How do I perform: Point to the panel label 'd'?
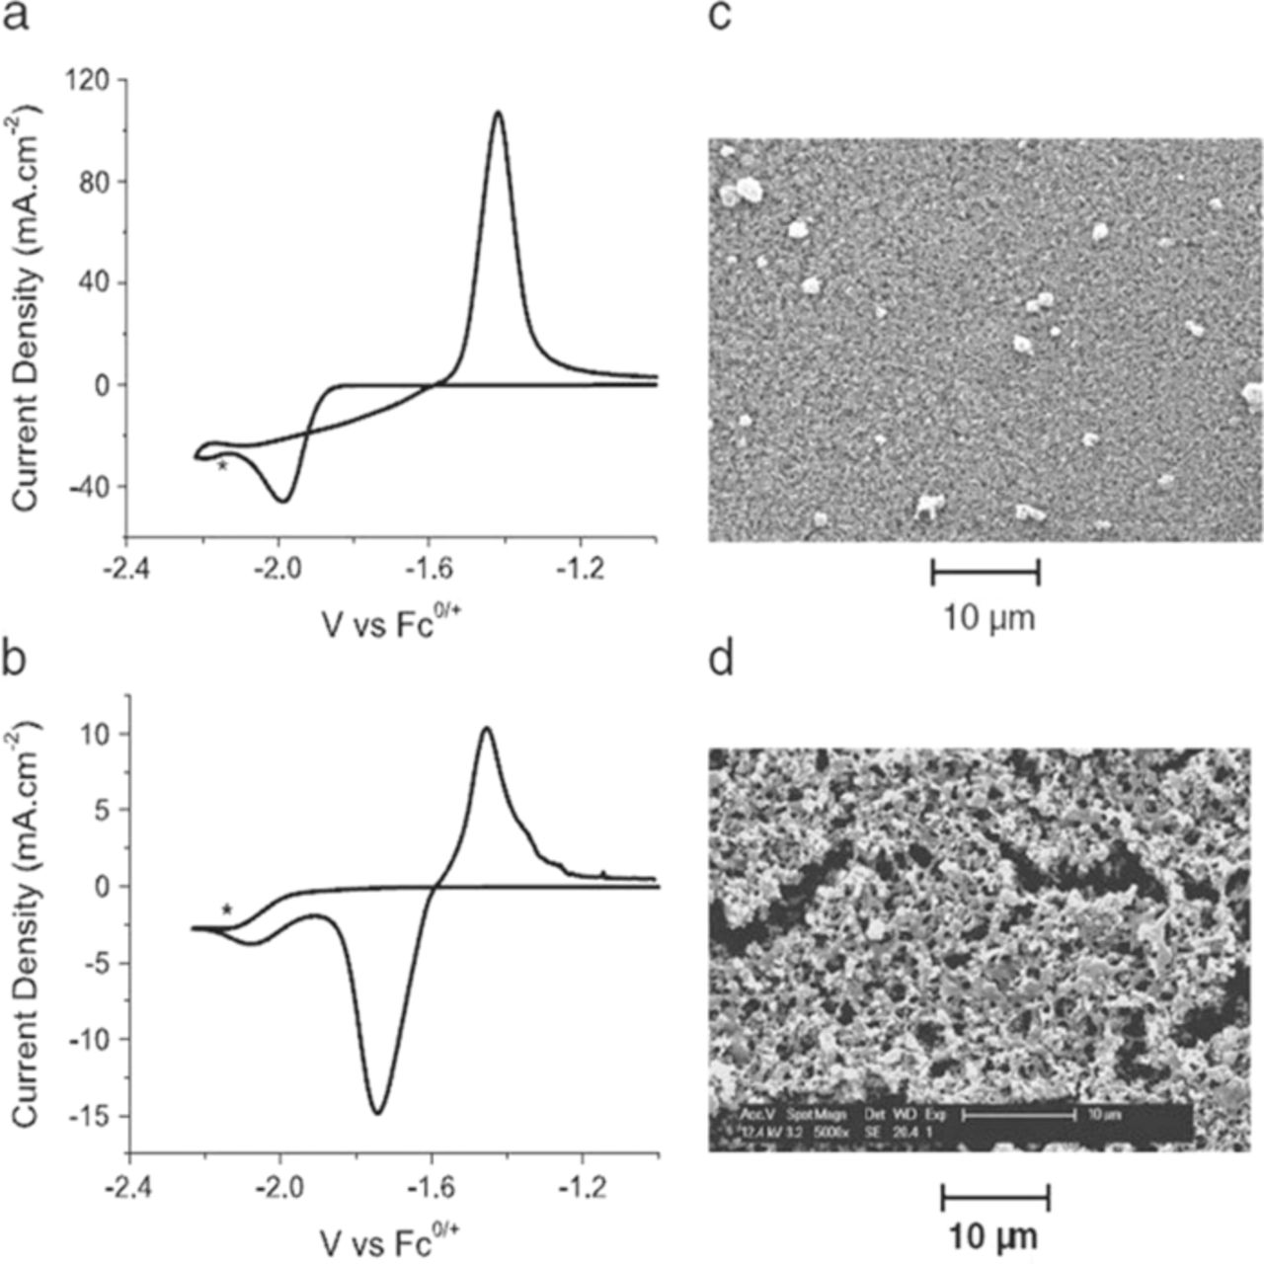721,658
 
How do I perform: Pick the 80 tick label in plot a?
93,182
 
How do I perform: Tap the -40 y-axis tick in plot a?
89,487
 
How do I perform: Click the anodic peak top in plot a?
499,113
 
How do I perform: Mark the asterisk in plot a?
223,465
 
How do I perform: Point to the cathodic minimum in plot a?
283,501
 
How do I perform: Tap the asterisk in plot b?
227,909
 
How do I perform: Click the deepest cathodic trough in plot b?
377,1113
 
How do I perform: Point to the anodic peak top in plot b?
486,729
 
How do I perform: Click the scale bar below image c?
986,571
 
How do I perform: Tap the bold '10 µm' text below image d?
994,1236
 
